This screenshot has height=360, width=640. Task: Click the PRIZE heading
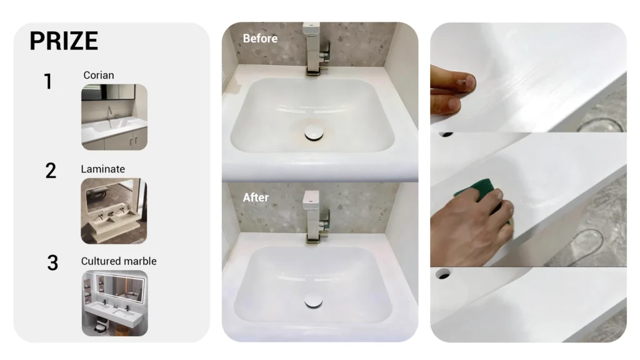click(64, 41)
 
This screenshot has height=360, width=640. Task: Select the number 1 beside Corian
click(48, 81)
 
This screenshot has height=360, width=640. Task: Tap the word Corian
click(99, 75)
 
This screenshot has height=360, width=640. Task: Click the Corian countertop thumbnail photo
click(114, 117)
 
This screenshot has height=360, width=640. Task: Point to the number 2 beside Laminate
click(51, 171)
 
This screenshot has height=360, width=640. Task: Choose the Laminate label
click(103, 169)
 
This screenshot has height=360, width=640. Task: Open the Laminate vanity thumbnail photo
click(114, 211)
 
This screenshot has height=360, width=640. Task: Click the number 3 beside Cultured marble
click(52, 263)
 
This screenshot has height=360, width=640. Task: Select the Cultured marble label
click(119, 261)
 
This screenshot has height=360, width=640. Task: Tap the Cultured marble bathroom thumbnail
click(115, 303)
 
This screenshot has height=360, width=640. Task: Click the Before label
click(260, 38)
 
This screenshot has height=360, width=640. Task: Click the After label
click(256, 197)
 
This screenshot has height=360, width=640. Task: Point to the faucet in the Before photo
click(316, 49)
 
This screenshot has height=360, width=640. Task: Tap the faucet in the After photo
click(316, 216)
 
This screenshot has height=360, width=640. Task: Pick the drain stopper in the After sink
click(314, 301)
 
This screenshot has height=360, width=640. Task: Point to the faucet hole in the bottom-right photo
click(443, 274)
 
